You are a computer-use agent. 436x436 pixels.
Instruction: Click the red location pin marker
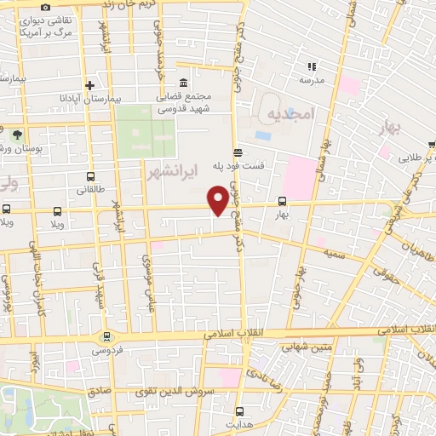(x=219, y=200)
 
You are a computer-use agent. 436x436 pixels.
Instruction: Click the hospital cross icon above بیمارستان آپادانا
(x=89, y=83)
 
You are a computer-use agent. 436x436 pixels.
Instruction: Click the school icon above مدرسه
(x=312, y=66)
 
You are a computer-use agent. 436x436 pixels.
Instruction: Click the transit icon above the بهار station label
(x=282, y=202)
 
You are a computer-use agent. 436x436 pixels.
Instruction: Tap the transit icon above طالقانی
(x=92, y=177)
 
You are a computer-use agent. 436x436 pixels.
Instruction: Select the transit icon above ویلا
(x=57, y=210)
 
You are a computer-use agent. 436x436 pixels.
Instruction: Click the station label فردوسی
(x=106, y=348)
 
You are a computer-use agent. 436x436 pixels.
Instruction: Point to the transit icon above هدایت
(x=240, y=409)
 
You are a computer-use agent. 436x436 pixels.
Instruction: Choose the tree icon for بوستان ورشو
(x=17, y=134)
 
